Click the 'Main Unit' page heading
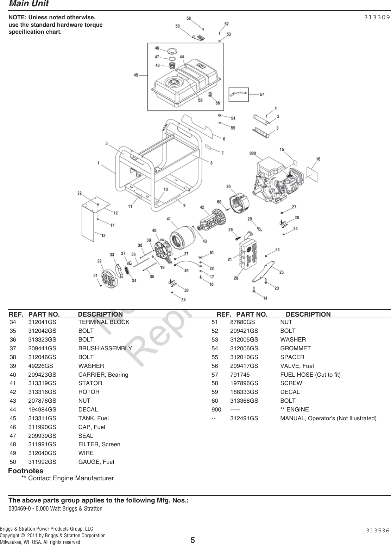click(x=29, y=4)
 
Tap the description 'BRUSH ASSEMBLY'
click(x=105, y=348)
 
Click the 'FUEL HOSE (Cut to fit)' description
click(x=310, y=375)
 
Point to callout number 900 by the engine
click(x=252, y=153)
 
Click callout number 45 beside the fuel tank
click(x=136, y=74)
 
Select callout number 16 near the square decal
click(x=318, y=159)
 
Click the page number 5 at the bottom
click(x=193, y=540)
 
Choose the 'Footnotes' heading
click(x=26, y=471)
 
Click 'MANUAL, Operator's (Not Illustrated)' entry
click(x=328, y=418)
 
